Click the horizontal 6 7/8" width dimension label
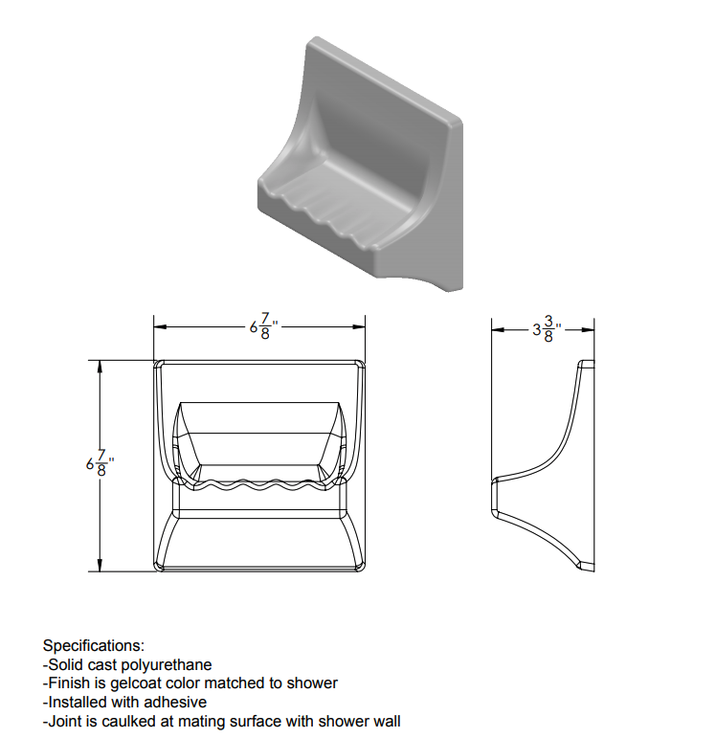(x=263, y=326)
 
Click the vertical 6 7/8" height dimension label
(x=100, y=463)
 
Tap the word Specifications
(x=94, y=645)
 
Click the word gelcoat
(x=135, y=683)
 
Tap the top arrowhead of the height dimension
(x=100, y=368)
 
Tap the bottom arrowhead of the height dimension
(x=100, y=565)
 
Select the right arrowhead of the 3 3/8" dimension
(x=588, y=330)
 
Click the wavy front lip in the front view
(x=259, y=484)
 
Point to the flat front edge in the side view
(x=494, y=497)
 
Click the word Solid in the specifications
(x=65, y=665)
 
